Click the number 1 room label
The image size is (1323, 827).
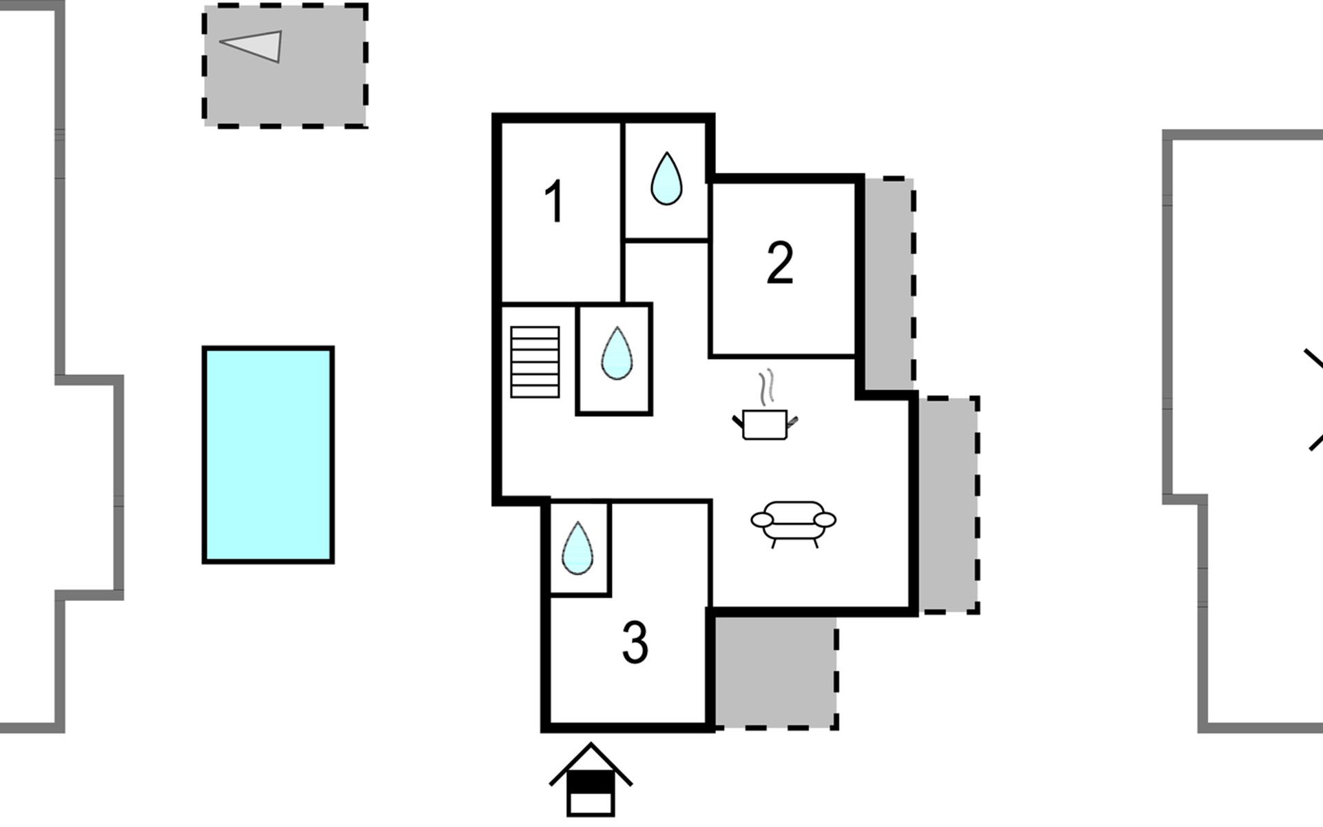pos(555,201)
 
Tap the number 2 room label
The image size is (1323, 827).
pos(779,263)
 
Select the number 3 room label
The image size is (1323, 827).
pos(635,643)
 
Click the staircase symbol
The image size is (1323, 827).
pos(535,362)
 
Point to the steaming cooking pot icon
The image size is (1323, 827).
pos(765,423)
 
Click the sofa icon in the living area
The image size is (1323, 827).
pos(793,522)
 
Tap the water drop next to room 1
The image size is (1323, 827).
pos(666,179)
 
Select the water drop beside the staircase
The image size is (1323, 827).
pos(616,354)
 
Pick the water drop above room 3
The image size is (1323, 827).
pos(577,549)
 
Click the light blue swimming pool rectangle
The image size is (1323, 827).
pos(268,455)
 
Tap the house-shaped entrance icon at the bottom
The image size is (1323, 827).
pos(591,782)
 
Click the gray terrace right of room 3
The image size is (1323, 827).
pos(775,671)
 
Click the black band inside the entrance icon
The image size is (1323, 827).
pos(591,781)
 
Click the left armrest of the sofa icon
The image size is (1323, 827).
pos(761,520)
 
